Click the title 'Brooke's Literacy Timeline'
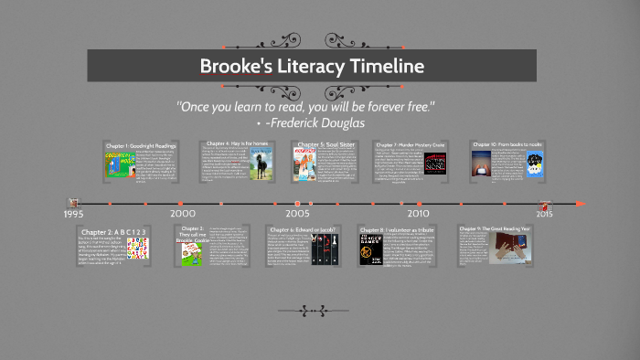(312, 67)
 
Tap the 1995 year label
(74, 214)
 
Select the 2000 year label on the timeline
(182, 214)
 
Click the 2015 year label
(544, 214)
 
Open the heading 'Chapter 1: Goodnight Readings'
(140, 146)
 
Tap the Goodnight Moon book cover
(118, 166)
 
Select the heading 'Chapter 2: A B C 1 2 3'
(113, 231)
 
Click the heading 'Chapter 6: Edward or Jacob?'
(303, 229)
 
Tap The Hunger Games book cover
(370, 249)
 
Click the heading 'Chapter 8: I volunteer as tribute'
(400, 229)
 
